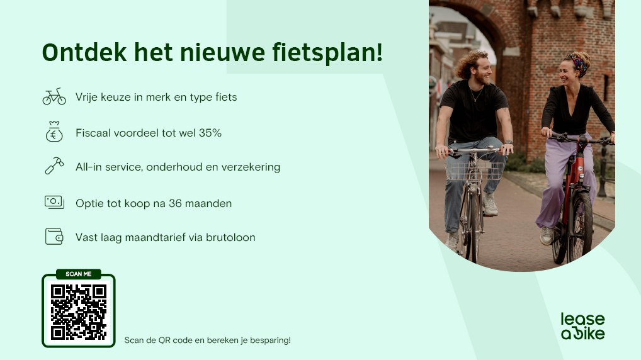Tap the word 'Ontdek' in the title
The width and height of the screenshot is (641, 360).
click(84, 52)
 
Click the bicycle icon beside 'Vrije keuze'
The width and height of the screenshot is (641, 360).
click(54, 97)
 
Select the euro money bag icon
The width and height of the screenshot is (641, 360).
click(54, 132)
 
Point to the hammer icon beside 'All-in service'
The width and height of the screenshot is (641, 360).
click(54, 166)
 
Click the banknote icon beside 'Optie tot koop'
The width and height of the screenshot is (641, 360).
click(54, 202)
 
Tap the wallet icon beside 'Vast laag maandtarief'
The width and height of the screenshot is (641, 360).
click(54, 237)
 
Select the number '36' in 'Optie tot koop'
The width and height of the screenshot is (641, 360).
click(175, 203)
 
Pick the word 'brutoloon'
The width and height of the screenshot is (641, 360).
click(230, 237)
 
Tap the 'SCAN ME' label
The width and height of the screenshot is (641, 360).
click(79, 274)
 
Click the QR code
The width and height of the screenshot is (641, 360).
click(79, 312)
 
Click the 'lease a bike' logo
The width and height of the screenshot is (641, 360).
click(582, 327)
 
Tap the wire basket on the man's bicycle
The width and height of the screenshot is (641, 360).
click(474, 170)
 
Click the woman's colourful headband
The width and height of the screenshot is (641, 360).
click(578, 64)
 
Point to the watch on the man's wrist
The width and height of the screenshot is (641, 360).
click(509, 142)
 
